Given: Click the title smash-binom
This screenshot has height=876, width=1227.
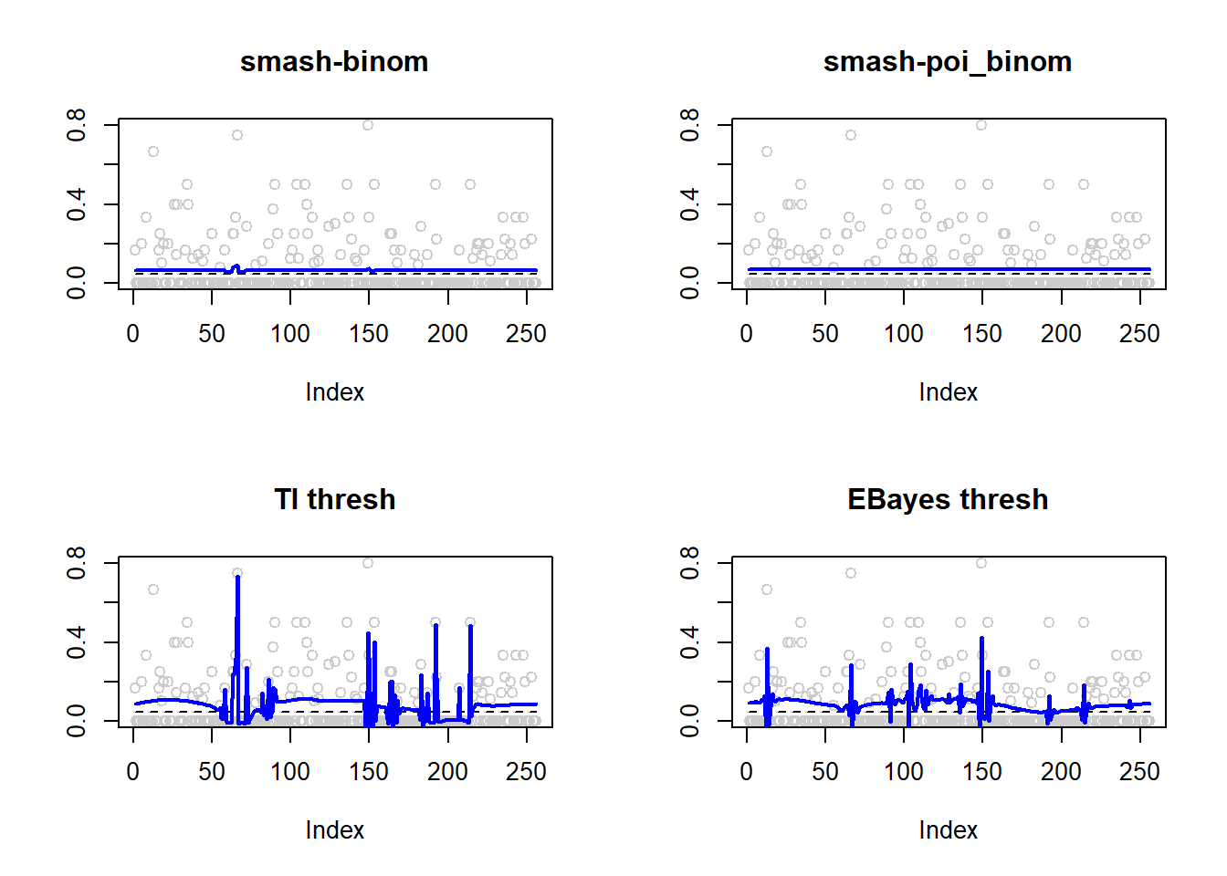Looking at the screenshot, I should point(334,62).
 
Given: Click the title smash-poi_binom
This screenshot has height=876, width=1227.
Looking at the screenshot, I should point(947,62).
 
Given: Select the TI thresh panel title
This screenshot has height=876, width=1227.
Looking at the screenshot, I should point(334,500).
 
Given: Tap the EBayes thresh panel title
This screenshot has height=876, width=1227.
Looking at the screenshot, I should point(947,500).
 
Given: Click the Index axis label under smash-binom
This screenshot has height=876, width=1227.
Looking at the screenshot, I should point(334,392).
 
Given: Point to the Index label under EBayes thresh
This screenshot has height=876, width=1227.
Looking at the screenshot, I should point(948,830).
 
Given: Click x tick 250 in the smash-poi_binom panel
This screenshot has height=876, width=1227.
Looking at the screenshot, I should point(1139,334).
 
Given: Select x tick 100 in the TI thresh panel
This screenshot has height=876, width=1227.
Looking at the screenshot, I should point(290,772).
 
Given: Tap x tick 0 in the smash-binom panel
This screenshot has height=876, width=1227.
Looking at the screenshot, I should point(133,334).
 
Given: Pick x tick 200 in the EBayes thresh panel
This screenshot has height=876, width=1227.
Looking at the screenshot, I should point(1061,772).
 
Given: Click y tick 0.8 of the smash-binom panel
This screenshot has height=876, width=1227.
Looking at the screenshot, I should point(77,124).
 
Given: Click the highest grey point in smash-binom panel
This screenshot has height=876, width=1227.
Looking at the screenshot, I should point(368,125).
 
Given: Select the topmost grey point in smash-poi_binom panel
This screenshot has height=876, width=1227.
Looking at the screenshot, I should point(981,125).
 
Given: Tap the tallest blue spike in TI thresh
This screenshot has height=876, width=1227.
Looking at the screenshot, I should point(237,579).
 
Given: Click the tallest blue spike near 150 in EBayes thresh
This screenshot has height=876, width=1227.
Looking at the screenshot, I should point(981,639).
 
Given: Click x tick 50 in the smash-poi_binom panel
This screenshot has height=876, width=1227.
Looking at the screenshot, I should point(825,334).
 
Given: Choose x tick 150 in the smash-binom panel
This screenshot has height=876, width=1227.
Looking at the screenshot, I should point(369,334).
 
